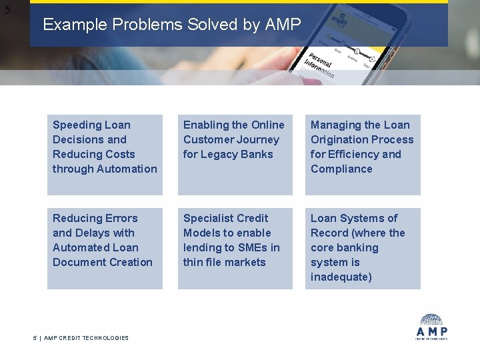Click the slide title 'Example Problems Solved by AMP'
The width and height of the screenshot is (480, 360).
pos(172,25)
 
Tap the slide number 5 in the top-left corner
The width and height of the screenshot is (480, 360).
pos(7,10)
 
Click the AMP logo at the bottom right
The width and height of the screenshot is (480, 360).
pos(431,327)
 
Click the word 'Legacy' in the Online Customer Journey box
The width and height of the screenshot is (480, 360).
pos(221,154)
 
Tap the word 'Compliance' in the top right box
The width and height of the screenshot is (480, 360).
pos(341,169)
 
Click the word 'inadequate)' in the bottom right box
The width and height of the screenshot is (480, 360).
pos(341,277)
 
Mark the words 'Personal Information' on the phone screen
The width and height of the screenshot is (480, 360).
pos(322,65)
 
